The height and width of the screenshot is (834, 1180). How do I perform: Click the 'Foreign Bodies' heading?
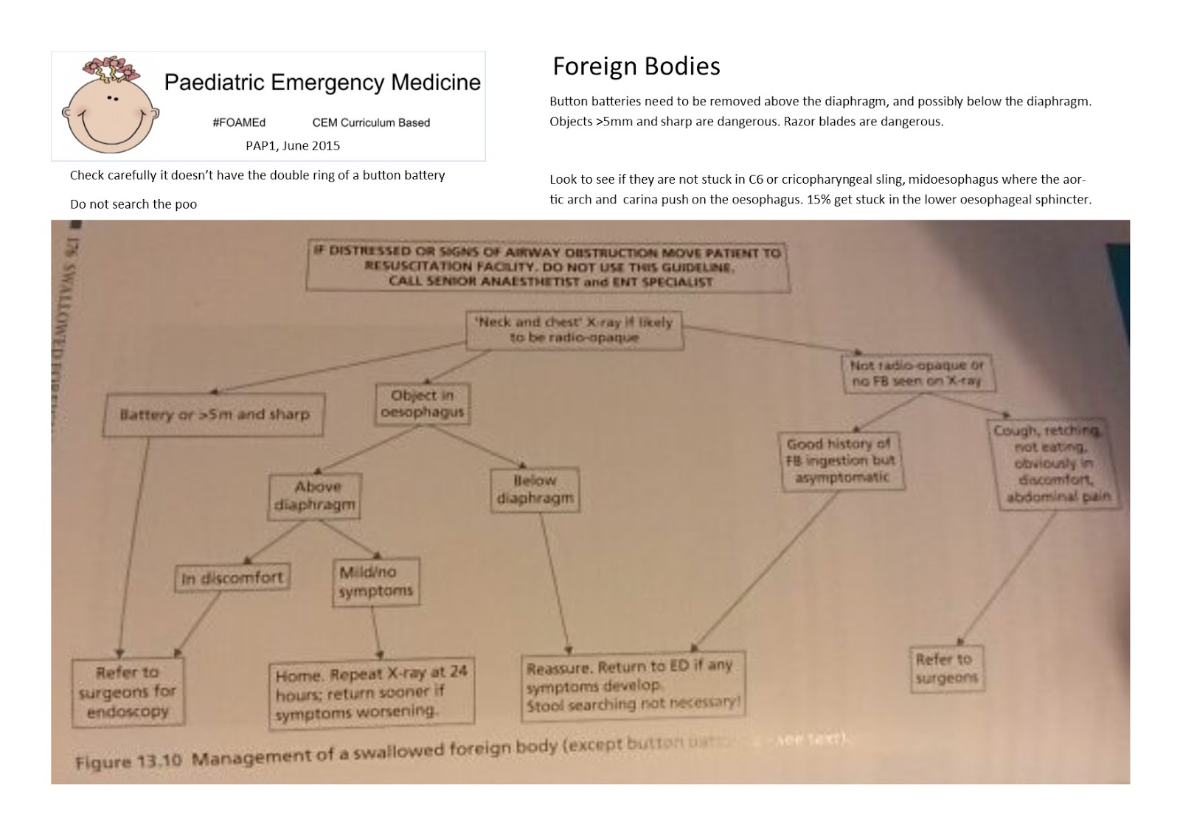[x=636, y=66]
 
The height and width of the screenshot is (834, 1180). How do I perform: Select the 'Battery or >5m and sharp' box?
[x=215, y=414]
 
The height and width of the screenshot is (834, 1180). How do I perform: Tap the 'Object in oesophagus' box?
[x=422, y=403]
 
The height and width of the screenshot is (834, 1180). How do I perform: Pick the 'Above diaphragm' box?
[x=315, y=496]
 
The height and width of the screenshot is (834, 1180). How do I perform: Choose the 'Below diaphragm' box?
[x=535, y=489]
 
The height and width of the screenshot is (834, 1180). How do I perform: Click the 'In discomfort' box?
[x=232, y=577]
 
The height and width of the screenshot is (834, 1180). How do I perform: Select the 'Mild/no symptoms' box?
[x=376, y=582]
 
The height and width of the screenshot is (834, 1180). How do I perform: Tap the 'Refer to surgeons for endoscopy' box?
[x=128, y=692]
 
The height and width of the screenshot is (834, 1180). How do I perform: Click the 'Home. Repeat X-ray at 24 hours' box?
[x=371, y=693]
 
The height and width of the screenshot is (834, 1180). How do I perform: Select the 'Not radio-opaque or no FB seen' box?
[x=917, y=373]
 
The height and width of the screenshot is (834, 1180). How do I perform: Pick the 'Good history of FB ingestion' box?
[x=841, y=461]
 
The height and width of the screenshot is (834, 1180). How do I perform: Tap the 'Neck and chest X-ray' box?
[x=574, y=330]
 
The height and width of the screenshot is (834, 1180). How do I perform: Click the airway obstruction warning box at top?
[x=546, y=266]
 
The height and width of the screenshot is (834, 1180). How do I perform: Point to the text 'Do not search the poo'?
[x=133, y=204]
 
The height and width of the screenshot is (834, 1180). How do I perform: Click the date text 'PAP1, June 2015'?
[x=293, y=145]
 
